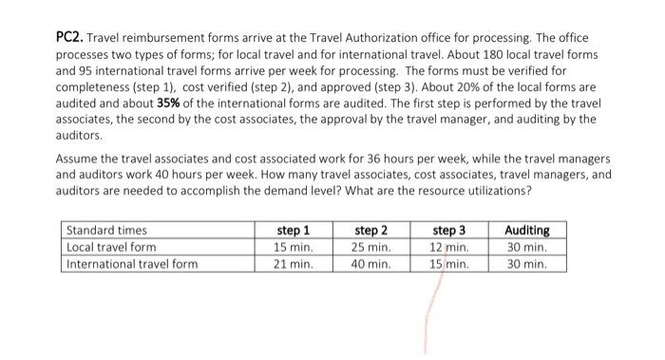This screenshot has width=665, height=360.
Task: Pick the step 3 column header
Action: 449,230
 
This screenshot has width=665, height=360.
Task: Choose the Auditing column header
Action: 527,230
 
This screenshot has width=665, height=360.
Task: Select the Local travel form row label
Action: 111,247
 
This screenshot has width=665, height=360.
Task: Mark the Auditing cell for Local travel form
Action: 528,247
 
